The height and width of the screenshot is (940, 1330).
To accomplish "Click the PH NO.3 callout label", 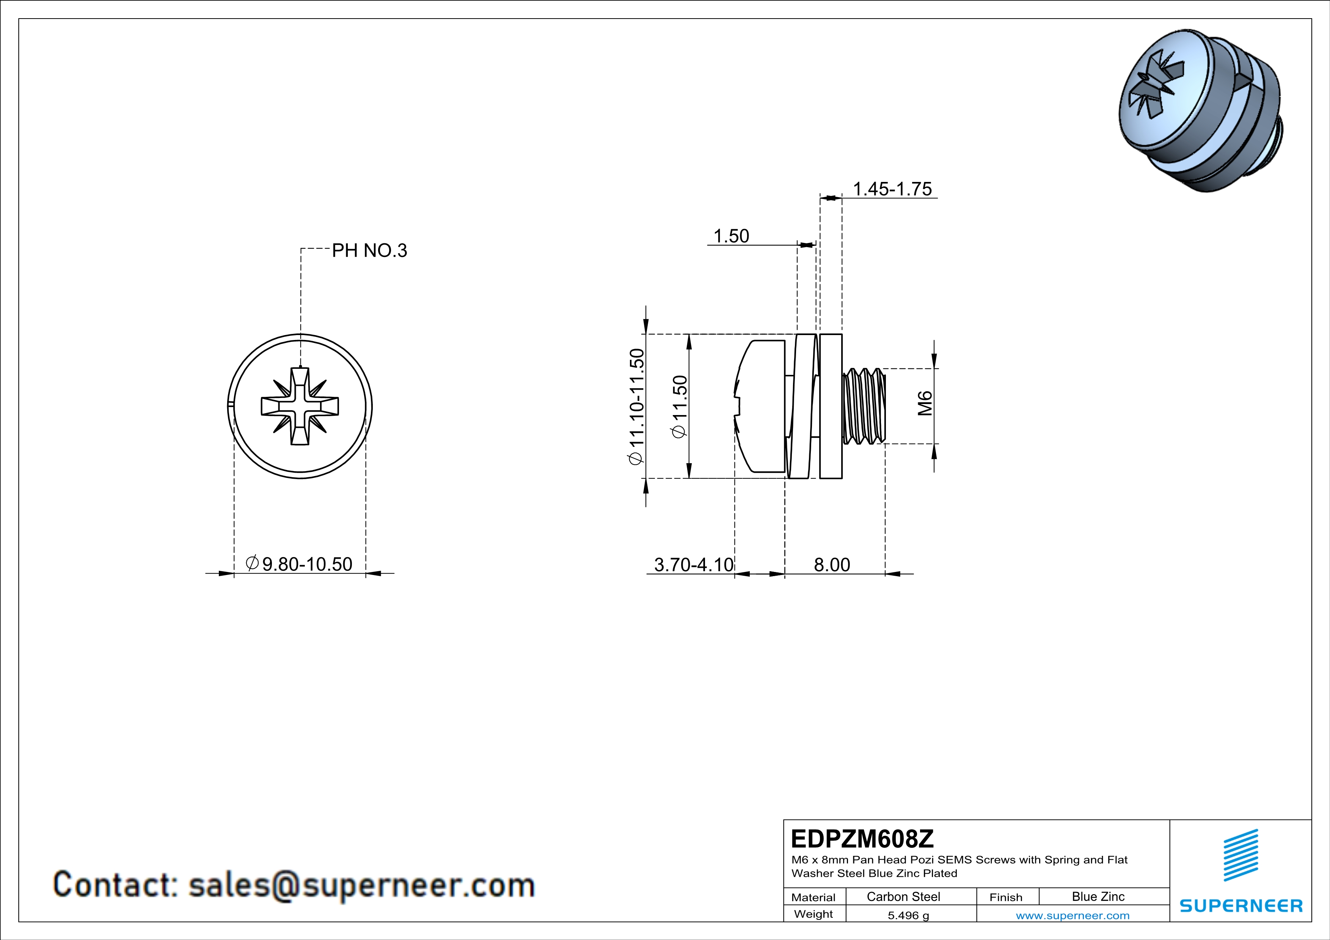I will [369, 251].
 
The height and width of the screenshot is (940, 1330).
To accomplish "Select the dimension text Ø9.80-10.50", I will [299, 564].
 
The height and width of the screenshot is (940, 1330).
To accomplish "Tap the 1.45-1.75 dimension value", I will [892, 189].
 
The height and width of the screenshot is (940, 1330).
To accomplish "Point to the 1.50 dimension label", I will [731, 236].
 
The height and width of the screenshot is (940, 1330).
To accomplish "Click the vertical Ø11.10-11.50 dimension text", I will [636, 406].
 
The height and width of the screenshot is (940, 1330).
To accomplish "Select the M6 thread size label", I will [925, 403].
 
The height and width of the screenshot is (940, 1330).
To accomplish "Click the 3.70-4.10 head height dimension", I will [693, 564].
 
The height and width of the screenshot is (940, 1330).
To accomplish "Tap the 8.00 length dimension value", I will [832, 564].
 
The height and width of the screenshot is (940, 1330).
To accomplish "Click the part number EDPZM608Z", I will [862, 839].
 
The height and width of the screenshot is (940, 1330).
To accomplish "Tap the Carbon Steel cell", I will [903, 896].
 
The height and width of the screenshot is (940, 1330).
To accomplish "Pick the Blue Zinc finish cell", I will [1098, 896].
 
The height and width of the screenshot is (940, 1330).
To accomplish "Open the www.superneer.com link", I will [1072, 915].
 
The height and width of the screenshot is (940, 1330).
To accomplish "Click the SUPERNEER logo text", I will [1241, 906].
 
